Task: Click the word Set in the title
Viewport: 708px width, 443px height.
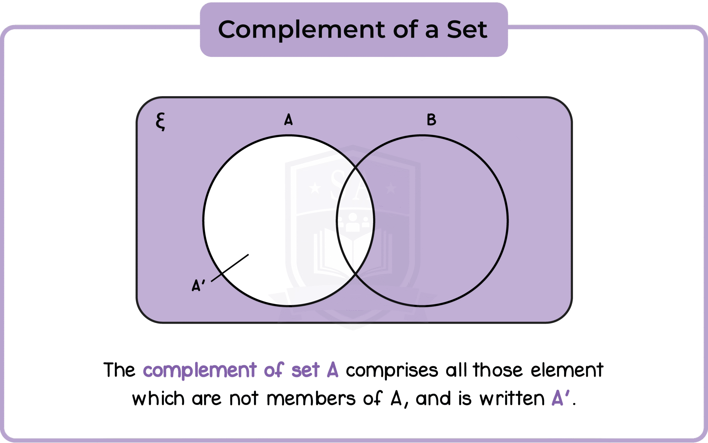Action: pos(467,30)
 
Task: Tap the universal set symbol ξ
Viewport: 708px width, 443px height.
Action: pos(160,122)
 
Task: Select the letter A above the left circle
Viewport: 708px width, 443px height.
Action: pos(288,119)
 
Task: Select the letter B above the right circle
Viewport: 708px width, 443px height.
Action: pos(431,119)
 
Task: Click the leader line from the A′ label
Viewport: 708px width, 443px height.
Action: pos(230,268)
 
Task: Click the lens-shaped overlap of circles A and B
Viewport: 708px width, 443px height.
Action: pos(355,221)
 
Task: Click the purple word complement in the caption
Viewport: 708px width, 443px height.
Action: pos(200,370)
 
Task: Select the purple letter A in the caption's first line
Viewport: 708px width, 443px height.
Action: pos(332,370)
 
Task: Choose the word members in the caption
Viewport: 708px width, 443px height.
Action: pos(311,399)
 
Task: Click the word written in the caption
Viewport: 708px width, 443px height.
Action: pos(512,399)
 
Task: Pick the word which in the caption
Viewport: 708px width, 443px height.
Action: pos(158,399)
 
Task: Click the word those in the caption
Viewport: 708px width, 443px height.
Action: pos(498,370)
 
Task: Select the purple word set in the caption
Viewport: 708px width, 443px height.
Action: pos(305,370)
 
